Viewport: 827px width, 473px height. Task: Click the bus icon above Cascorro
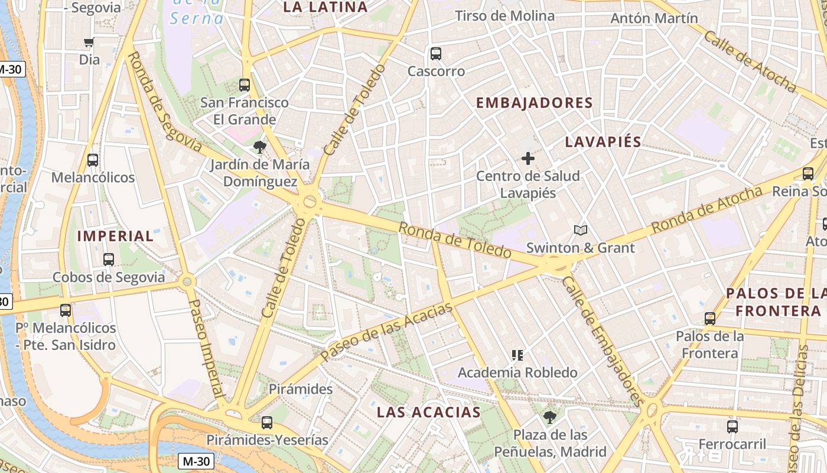436,54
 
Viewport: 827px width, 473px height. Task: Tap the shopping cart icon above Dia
89,42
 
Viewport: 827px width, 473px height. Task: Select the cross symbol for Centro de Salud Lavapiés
528,158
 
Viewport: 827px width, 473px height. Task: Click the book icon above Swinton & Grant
581,230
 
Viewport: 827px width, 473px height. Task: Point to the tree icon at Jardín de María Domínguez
259,147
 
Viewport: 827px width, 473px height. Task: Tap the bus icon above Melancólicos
93,160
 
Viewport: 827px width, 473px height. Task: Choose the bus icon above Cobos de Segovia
109,259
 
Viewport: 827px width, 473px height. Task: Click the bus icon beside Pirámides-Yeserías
267,423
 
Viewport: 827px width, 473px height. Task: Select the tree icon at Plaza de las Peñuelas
550,417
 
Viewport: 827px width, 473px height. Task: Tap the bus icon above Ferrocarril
732,426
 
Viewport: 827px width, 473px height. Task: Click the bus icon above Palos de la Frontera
710,319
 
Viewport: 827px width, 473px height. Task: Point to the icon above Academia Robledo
517,355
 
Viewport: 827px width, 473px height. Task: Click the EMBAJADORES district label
534,103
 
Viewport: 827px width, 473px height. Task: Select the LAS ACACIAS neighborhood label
429,412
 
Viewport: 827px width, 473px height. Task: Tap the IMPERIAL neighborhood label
115,236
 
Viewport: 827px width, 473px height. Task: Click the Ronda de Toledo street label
454,239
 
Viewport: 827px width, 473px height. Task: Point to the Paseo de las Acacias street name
387,331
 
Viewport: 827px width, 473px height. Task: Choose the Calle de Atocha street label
749,61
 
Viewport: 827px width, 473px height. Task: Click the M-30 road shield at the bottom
196,461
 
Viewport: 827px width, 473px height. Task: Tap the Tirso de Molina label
504,16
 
